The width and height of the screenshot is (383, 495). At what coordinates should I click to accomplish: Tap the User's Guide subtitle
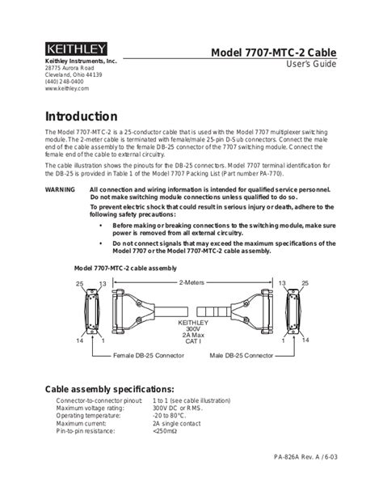309,66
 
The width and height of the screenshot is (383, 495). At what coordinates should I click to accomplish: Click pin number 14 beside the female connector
80,341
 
